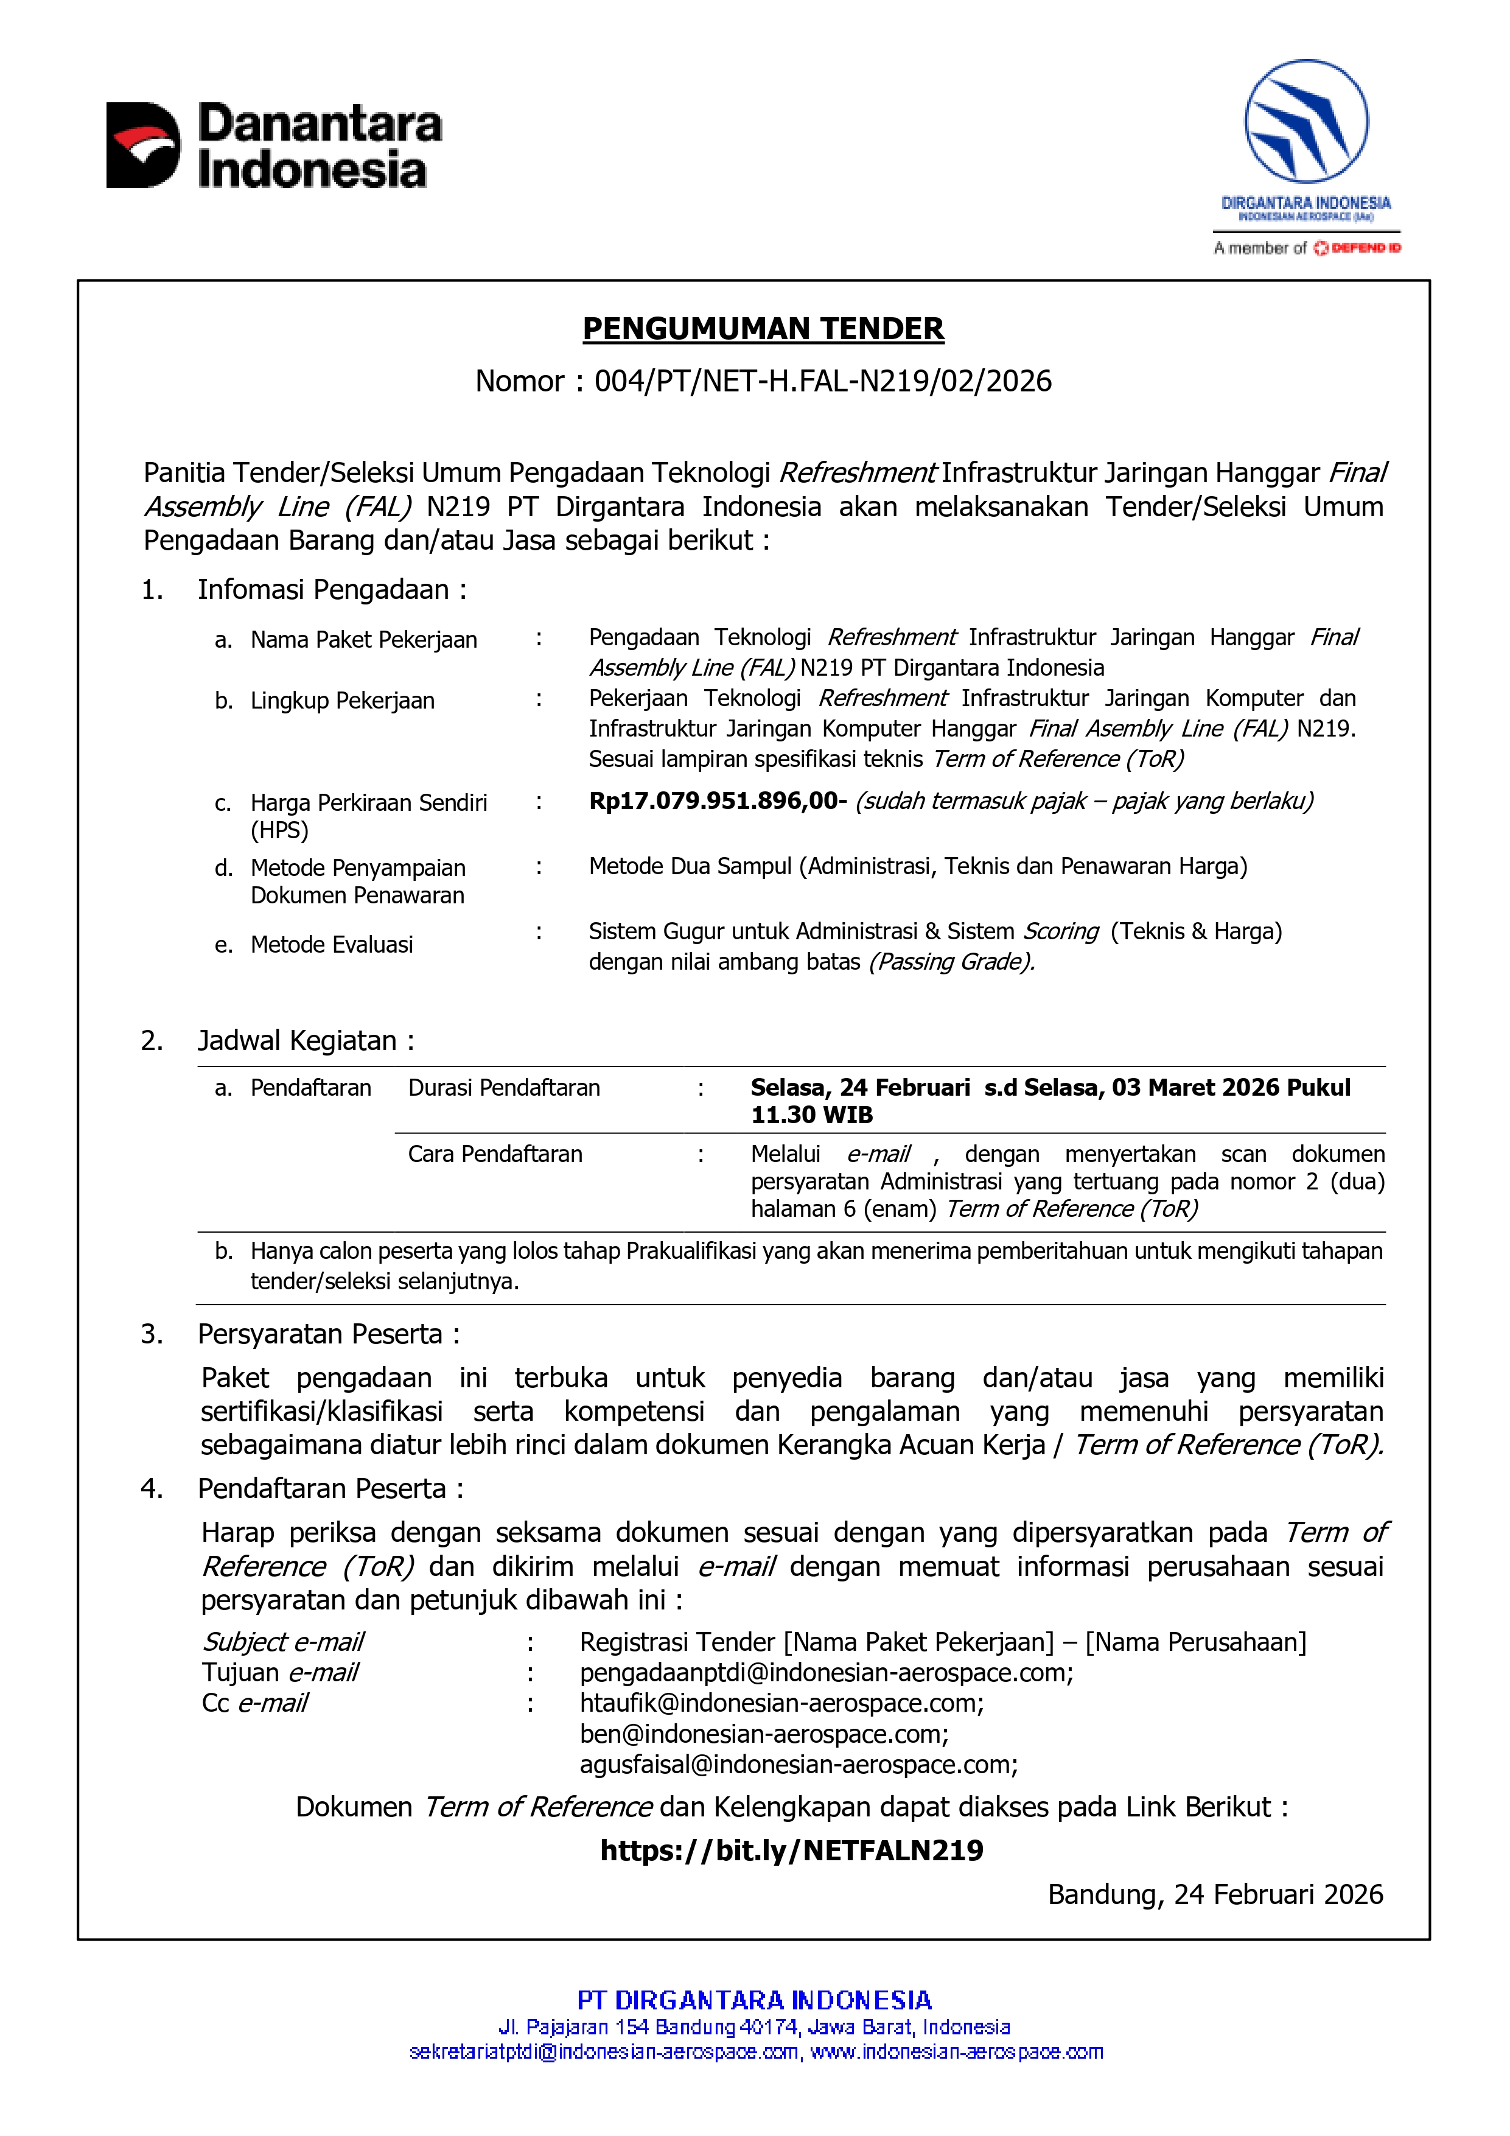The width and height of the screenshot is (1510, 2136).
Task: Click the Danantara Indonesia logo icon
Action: tap(143, 145)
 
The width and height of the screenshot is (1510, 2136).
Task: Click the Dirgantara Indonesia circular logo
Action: tap(1306, 121)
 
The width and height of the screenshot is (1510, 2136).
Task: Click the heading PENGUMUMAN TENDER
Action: tap(763, 328)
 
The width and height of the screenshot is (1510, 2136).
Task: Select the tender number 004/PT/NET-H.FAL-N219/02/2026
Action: tap(822, 382)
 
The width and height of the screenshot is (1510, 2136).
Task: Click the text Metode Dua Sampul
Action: tap(691, 866)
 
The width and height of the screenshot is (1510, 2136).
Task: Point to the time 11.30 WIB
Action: tap(811, 1115)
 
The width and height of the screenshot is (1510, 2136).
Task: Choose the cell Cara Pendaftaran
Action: tap(495, 1155)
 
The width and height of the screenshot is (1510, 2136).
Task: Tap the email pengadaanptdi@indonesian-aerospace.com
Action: tap(825, 1673)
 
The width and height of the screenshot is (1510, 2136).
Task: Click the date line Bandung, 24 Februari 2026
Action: tap(1215, 1895)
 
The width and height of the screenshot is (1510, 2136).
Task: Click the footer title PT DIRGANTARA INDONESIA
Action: tap(755, 2000)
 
